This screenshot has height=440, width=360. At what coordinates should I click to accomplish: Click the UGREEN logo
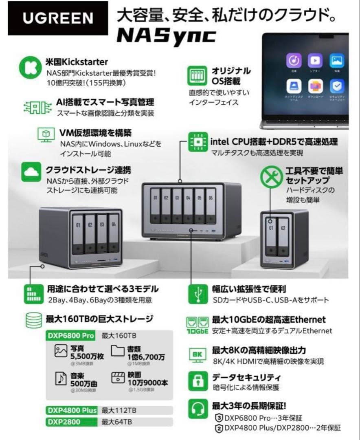pyautogui.click(x=58, y=18)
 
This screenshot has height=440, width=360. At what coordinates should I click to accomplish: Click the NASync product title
pyautogui.click(x=166, y=36)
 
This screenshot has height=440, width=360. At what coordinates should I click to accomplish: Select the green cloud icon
pyautogui.click(x=31, y=172)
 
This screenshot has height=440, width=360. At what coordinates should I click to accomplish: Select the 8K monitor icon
pyautogui.click(x=198, y=354)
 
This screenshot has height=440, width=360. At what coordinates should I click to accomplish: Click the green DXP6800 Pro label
pyautogui.click(x=71, y=336)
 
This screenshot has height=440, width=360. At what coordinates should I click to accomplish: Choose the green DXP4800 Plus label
pyautogui.click(x=71, y=410)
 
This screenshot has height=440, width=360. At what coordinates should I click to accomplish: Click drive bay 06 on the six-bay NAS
pyautogui.click(x=210, y=206)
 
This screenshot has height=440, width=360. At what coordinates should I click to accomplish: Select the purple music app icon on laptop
pyautogui.click(x=293, y=61)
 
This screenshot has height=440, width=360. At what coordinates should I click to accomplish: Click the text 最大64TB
pyautogui.click(x=116, y=422)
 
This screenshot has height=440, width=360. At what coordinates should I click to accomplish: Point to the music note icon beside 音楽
pyautogui.click(x=61, y=378)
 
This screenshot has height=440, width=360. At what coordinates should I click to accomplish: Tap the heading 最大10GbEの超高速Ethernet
pyautogui.click(x=269, y=320)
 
